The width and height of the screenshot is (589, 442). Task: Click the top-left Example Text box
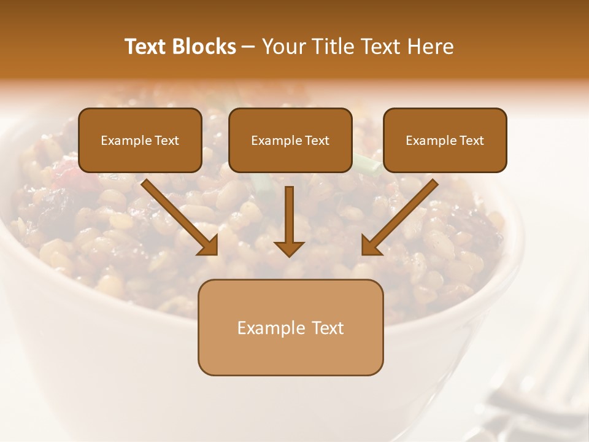[140, 140]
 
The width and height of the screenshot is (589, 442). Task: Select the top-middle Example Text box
[290, 140]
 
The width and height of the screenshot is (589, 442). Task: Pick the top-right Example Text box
[445, 140]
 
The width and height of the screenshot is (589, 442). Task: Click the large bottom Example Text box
[290, 327]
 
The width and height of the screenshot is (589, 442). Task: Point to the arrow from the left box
[178, 215]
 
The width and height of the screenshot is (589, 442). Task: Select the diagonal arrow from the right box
[401, 215]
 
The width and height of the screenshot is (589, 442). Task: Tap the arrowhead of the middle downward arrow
[289, 248]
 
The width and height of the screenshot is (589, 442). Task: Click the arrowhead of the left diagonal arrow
[209, 245]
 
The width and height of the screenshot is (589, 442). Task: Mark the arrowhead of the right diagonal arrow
[371, 245]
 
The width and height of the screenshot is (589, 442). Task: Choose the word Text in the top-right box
[471, 141]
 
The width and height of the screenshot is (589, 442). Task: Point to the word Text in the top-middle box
[317, 141]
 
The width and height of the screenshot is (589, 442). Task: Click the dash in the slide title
[248, 47]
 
